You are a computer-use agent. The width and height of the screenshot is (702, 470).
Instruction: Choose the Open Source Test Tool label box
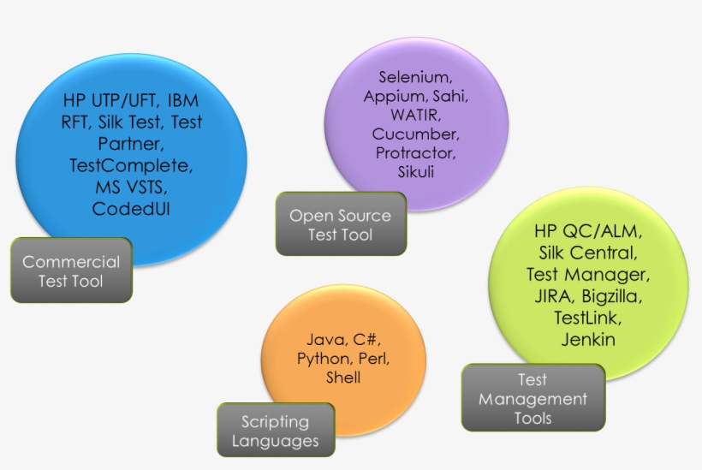(x=340, y=224)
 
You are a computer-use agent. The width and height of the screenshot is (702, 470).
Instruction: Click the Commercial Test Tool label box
(x=71, y=271)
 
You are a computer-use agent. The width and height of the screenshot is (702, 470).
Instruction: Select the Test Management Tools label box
(x=532, y=399)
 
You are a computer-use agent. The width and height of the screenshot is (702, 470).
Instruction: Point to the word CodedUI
(x=131, y=208)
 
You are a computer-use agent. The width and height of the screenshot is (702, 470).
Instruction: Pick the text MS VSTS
(x=131, y=186)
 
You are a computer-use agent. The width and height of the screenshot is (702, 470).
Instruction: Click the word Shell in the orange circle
(x=343, y=378)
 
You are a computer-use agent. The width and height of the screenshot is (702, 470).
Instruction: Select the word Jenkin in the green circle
(x=588, y=339)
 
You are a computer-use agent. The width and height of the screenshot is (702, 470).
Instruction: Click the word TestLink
(x=588, y=318)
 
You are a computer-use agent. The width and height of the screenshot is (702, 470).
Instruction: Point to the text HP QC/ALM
(x=588, y=231)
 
